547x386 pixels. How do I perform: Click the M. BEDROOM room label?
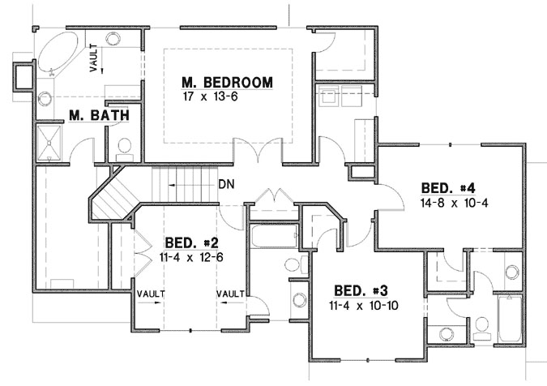tap(227, 83)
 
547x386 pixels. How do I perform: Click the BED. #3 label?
tap(359, 291)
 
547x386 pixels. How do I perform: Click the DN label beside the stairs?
tap(227, 184)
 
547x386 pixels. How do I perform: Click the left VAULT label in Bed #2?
tap(152, 294)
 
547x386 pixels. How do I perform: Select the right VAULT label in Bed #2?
tap(231, 294)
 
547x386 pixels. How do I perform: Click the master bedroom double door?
tap(257, 152)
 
